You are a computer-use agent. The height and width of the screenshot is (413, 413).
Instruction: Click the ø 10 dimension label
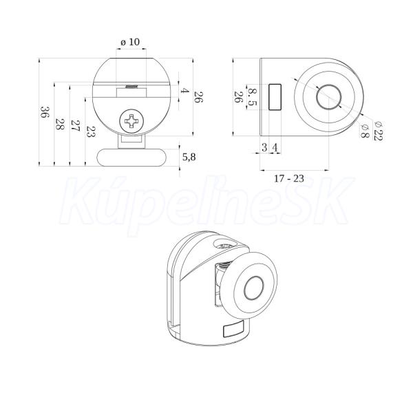[130, 42]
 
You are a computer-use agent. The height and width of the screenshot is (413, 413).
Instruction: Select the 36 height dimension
[45, 112]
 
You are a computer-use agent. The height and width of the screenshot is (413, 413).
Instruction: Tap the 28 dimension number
[60, 124]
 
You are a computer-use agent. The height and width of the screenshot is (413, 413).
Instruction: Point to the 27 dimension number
[76, 126]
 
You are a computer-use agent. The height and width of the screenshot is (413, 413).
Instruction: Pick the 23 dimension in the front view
[91, 131]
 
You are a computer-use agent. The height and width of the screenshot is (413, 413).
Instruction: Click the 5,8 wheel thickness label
[189, 157]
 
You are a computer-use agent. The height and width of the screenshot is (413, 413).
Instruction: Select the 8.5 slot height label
[252, 97]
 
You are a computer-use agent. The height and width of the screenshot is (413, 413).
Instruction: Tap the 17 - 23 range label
[289, 178]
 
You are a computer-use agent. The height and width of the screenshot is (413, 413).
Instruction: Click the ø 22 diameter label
[379, 131]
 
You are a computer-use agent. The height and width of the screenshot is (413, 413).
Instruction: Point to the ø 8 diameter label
[365, 131]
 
